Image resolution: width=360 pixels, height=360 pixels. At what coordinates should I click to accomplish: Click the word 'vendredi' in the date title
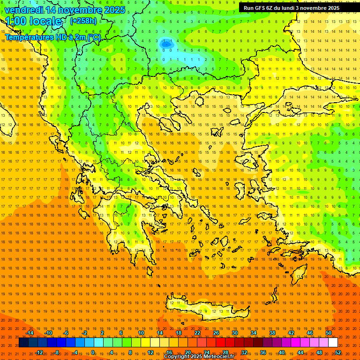[23, 10]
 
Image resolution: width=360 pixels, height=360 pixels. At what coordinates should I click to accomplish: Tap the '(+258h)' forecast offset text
[83, 21]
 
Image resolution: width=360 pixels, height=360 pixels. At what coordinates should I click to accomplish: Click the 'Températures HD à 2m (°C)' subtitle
[52, 37]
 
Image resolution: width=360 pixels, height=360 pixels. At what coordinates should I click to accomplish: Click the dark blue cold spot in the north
[165, 44]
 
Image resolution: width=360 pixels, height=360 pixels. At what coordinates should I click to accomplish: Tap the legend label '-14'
[30, 333]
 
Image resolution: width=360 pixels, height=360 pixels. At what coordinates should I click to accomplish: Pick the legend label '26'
[216, 333]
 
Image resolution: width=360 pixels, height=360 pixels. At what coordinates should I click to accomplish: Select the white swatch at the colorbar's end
[333, 343]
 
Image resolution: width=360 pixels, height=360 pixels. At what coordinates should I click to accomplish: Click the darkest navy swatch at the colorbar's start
[23, 343]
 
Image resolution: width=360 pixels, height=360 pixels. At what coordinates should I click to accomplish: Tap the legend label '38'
[272, 333]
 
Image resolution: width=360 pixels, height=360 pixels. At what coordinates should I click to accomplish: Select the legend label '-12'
[39, 352]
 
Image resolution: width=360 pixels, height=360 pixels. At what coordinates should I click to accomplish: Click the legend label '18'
[179, 333]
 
